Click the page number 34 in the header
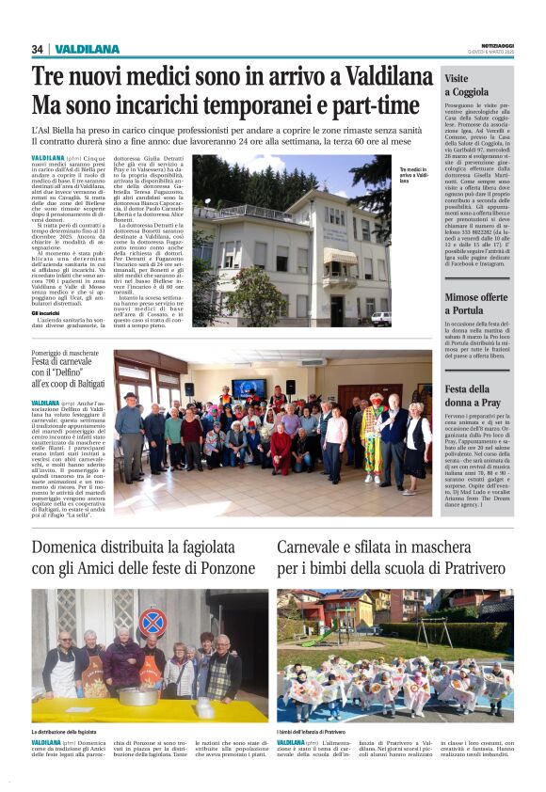tap(38, 49)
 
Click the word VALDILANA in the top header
tap(87, 49)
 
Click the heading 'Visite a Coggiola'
tap(467, 86)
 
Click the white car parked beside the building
tap(380, 318)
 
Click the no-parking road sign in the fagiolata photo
tap(153, 621)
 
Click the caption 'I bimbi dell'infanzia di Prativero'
tap(326, 731)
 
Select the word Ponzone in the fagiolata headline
tap(222, 568)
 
